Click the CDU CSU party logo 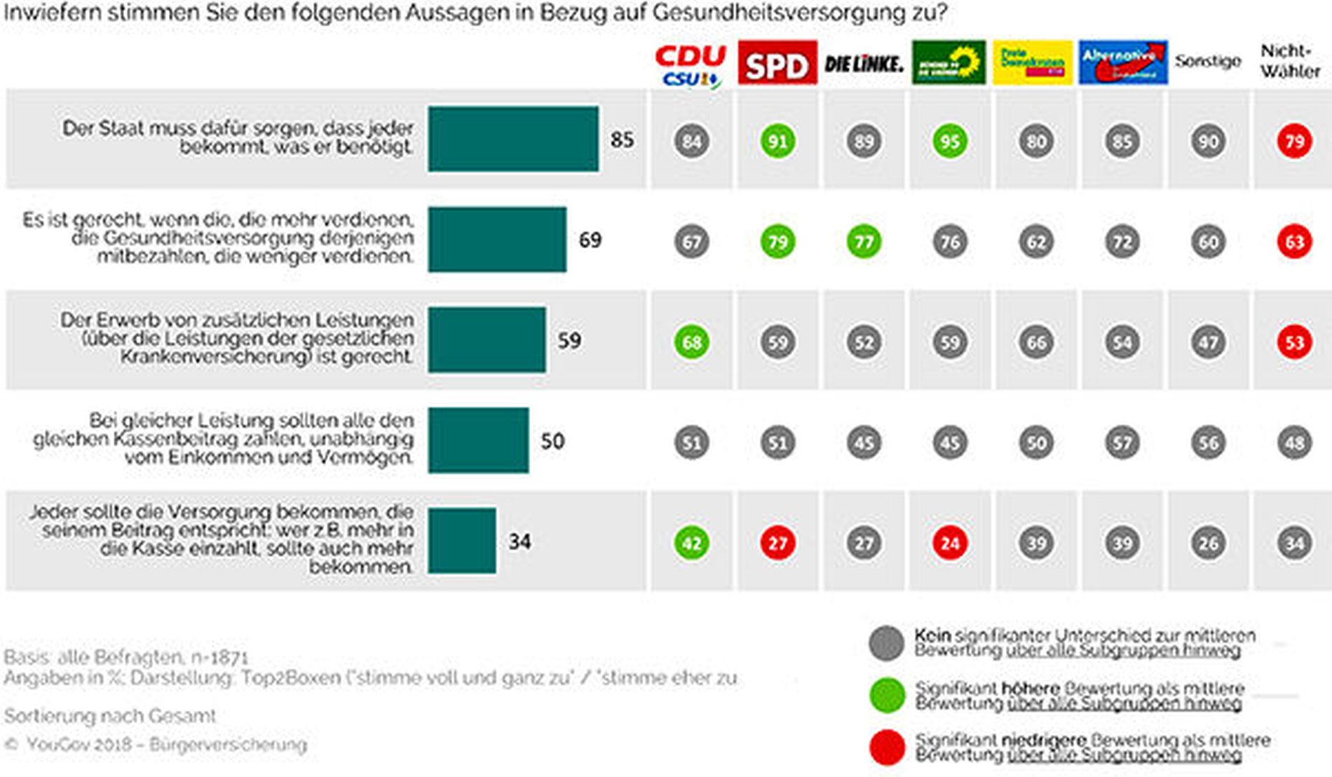(x=691, y=65)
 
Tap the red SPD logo (x=777, y=63)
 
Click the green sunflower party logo (x=949, y=62)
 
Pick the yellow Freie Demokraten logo (x=1033, y=62)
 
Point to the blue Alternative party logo (x=1123, y=62)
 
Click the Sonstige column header (x=1208, y=61)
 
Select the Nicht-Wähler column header (x=1290, y=61)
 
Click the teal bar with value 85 (x=513, y=139)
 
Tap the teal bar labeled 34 (x=462, y=541)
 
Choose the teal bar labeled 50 (x=479, y=440)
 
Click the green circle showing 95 (x=950, y=142)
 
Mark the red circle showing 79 (x=1294, y=142)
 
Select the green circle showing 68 (x=692, y=342)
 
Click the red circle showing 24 (x=950, y=543)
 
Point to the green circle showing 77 (x=864, y=242)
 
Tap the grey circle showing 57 (x=1122, y=442)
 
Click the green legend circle (x=887, y=695)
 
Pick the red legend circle (x=887, y=747)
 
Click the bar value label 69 (x=590, y=240)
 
